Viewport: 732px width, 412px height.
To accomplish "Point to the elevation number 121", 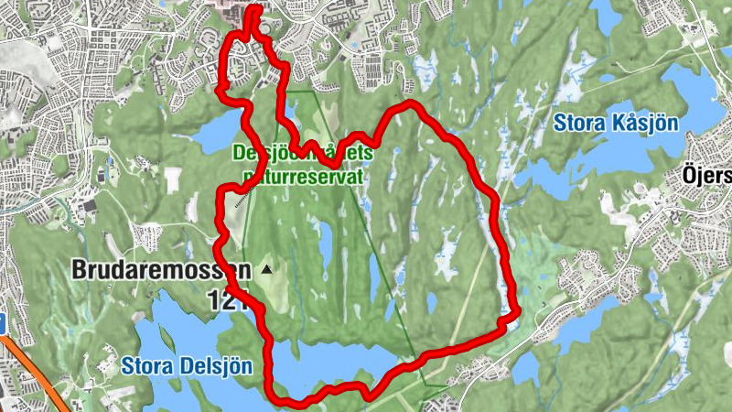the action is pos(227,300).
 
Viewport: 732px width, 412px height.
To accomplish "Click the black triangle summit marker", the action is pos(266,270).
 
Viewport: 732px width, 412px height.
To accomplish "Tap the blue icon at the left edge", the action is pos(3,323).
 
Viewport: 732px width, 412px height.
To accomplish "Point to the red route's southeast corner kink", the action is pos(508,320).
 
